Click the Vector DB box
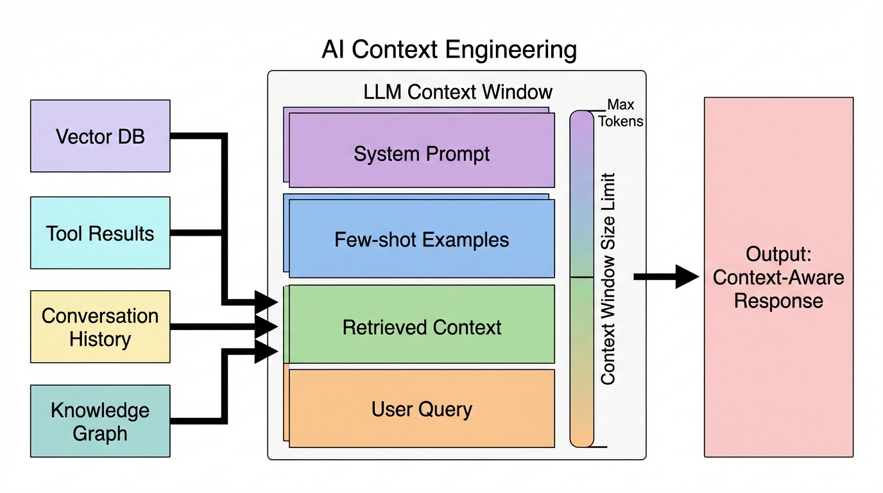coord(100,136)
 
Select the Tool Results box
coord(100,233)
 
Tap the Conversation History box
coord(100,327)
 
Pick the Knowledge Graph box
coord(100,421)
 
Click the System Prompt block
coord(422,154)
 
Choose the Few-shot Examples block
coord(422,239)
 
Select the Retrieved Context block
coord(422,327)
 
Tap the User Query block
coord(422,409)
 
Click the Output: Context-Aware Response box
coord(778,277)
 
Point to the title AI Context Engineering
coord(449,50)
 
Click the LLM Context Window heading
coord(458,91)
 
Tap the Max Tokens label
coord(621,113)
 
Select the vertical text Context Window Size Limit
coord(608,279)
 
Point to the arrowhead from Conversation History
coord(266,327)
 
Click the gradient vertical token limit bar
coord(582,279)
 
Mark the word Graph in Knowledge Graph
coord(100,433)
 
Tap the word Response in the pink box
coord(778,301)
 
